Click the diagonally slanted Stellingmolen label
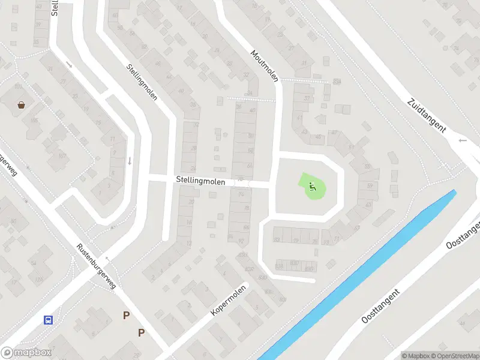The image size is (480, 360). pos(142,82)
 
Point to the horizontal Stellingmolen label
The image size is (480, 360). pos(201,179)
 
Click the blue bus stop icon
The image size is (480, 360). pos(48,320)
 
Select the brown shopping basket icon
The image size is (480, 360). pos(22,105)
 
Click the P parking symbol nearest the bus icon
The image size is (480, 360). pos(126,315)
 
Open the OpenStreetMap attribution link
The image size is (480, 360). pos(454,356)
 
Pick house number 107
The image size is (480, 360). pos(62,156)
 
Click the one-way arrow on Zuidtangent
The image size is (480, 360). pos(462,140)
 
